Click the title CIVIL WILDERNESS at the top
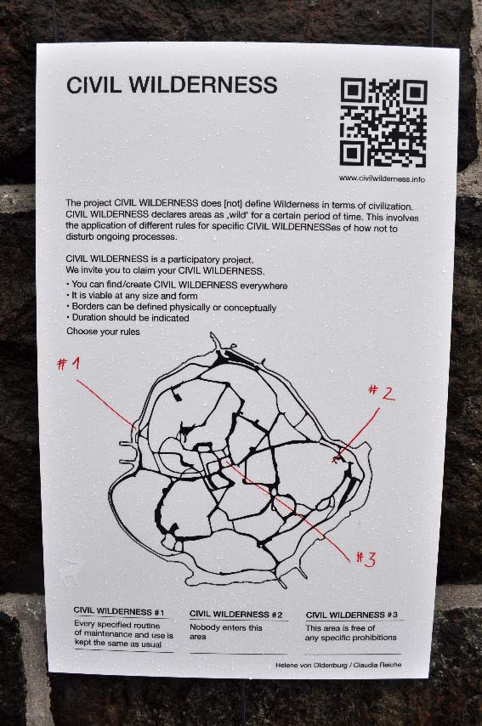click(x=172, y=85)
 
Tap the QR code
click(x=383, y=122)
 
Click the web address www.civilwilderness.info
click(x=382, y=179)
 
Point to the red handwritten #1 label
click(x=69, y=364)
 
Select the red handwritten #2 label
click(x=382, y=392)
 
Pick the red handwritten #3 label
click(x=366, y=559)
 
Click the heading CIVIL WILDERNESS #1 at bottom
click(x=119, y=612)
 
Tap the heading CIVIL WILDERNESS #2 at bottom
click(x=236, y=615)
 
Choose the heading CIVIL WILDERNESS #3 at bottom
click(x=352, y=615)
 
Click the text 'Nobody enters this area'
click(x=226, y=632)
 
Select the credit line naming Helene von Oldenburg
click(x=338, y=665)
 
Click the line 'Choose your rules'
click(x=103, y=332)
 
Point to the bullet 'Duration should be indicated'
click(x=128, y=318)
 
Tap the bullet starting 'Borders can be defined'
click(x=172, y=308)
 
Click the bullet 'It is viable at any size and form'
click(x=132, y=296)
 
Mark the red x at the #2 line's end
click(x=336, y=459)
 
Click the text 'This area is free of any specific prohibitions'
click(x=351, y=633)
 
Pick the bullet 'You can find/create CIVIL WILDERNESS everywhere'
click(x=177, y=286)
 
